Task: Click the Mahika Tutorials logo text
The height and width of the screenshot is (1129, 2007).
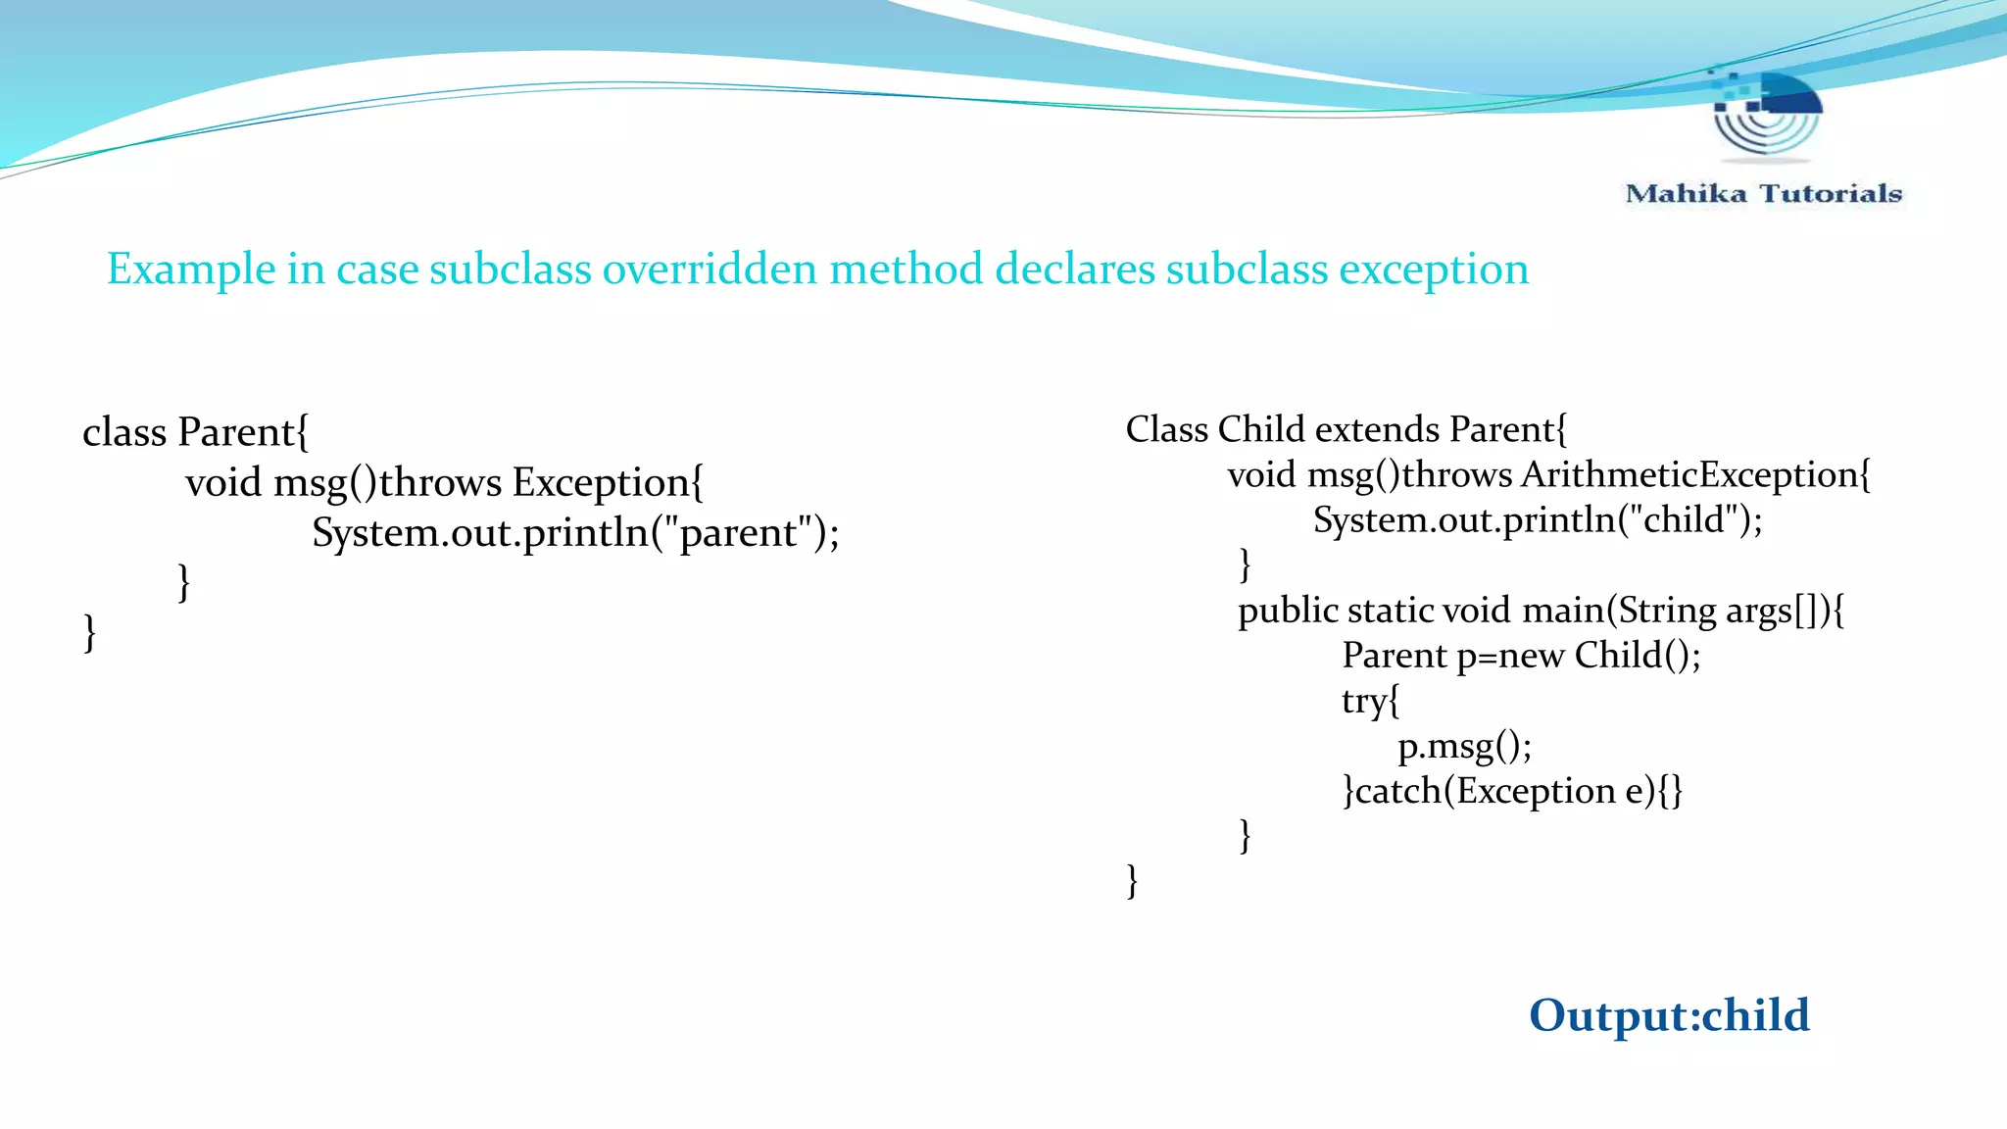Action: click(x=1763, y=193)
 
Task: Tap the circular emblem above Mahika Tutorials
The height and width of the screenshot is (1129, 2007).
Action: click(x=1767, y=115)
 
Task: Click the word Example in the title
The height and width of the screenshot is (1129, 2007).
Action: click(x=191, y=270)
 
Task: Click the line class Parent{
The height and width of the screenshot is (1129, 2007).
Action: click(x=196, y=432)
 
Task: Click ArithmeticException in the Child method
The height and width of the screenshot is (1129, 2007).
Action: click(x=1689, y=475)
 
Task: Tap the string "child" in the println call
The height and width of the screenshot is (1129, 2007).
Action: click(x=1684, y=519)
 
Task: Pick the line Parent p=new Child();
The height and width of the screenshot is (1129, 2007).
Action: click(x=1521, y=656)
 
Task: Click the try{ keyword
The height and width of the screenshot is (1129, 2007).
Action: click(x=1370, y=701)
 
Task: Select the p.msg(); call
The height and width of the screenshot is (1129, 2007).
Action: click(x=1464, y=747)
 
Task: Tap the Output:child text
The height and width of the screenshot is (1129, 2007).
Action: click(x=1669, y=1015)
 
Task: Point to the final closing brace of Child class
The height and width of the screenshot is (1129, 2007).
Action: click(x=1132, y=880)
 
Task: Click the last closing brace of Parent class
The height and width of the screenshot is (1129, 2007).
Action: click(x=90, y=632)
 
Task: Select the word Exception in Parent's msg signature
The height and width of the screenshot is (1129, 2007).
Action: click(x=601, y=483)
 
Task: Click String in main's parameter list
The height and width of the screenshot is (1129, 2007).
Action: click(x=1667, y=611)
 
